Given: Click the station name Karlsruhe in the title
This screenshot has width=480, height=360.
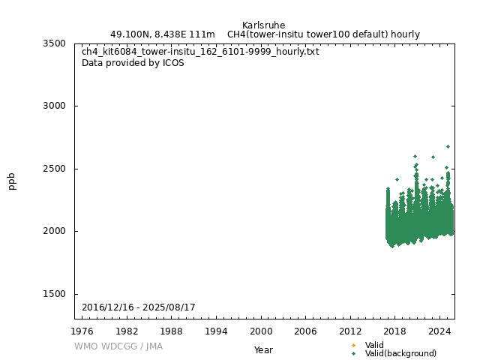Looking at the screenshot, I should (x=263, y=25).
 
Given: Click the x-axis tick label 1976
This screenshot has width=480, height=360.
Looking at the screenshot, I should (x=82, y=331).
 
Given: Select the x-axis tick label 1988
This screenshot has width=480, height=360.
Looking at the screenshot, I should (x=172, y=331).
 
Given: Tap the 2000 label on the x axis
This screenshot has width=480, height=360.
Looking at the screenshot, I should (x=261, y=331).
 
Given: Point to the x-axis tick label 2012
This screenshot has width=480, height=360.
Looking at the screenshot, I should (x=350, y=331).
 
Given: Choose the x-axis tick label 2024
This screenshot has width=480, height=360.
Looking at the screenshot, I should (x=439, y=331).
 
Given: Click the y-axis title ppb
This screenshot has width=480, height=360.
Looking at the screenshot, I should (x=12, y=181).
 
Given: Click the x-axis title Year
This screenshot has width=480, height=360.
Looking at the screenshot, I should (x=263, y=349).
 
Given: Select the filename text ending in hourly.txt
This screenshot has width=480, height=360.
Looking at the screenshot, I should (x=200, y=52).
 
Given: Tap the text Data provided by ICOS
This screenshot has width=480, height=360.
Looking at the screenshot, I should (x=133, y=63).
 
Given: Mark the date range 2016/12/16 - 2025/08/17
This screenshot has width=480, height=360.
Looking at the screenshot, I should (x=139, y=307).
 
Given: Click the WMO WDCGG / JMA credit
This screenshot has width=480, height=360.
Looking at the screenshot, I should (x=118, y=346).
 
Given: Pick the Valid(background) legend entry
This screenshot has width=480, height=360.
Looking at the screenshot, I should (x=400, y=353).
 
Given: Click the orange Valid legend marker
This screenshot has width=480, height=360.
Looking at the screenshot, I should (x=353, y=345).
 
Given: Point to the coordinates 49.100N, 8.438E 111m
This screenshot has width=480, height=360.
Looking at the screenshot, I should (x=163, y=34).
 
